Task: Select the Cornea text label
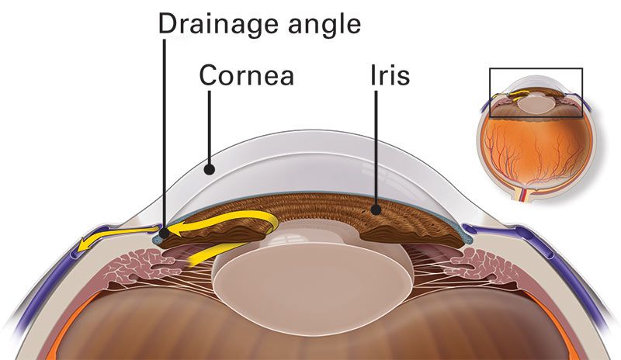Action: pos(246,75)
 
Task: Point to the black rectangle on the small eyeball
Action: pos(535,92)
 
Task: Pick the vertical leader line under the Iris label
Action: pos(375,147)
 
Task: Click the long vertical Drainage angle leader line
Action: pos(165,132)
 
